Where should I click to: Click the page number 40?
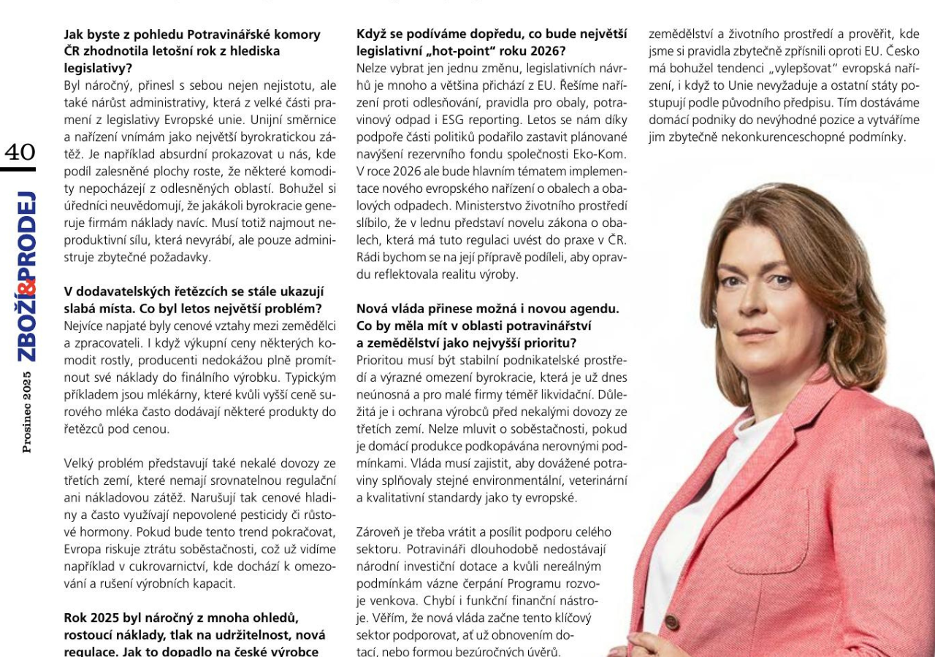(20, 152)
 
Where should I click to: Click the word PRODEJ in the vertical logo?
(26, 233)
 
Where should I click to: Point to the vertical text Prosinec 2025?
(27, 412)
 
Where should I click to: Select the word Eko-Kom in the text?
(603, 154)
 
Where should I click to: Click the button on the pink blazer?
(671, 622)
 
